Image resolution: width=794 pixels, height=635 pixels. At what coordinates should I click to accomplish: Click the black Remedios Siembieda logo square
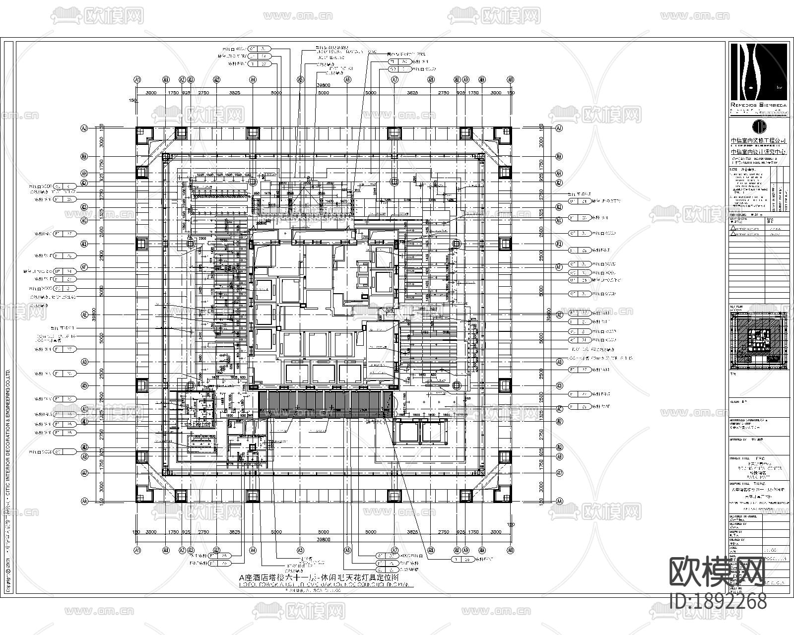(759, 71)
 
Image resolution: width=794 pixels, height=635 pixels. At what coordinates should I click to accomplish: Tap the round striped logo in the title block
(759, 126)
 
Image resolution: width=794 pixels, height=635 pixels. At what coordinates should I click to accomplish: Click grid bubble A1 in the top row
(137, 79)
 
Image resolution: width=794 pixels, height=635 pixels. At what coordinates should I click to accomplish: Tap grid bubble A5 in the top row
(300, 79)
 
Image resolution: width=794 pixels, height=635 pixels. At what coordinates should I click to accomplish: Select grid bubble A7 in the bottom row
(395, 550)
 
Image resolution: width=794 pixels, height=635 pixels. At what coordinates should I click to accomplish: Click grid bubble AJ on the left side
(84, 128)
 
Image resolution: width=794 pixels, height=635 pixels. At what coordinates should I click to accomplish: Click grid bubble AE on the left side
(84, 315)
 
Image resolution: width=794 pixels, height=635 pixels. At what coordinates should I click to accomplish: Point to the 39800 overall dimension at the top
(323, 85)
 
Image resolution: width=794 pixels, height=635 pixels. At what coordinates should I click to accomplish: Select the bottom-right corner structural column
(505, 496)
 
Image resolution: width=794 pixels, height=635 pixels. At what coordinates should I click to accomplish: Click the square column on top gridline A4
(253, 132)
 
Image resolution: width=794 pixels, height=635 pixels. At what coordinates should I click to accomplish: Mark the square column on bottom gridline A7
(394, 496)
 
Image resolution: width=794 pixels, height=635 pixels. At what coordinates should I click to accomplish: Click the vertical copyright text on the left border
(7, 446)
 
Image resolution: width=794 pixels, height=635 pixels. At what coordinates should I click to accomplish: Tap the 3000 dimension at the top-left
(150, 93)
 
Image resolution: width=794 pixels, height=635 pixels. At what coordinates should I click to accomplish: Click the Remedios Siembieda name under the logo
(759, 106)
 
